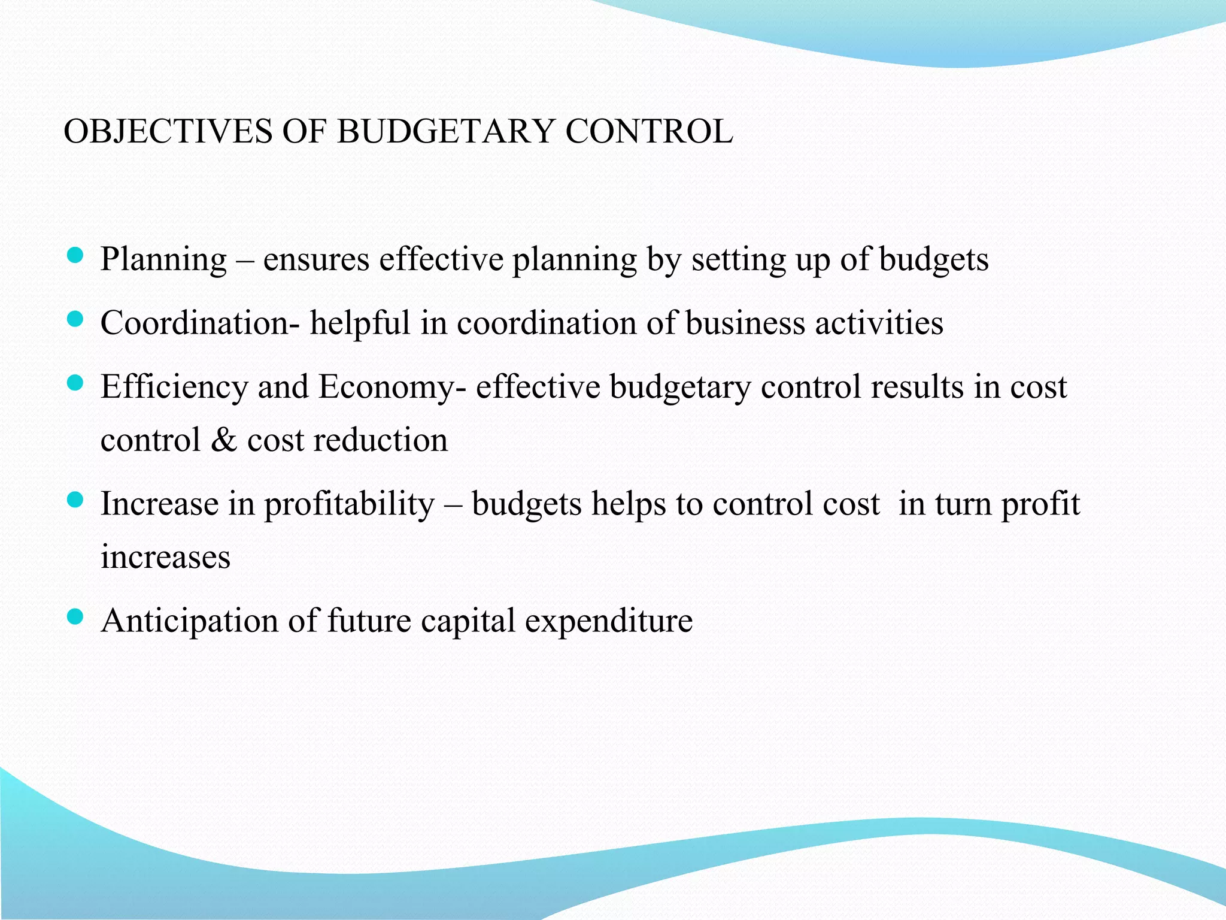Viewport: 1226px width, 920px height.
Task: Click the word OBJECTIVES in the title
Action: point(168,131)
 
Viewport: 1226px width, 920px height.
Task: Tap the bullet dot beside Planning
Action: point(75,256)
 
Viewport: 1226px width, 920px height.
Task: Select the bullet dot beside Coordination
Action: point(75,320)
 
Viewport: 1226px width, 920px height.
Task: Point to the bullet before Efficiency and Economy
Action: point(75,383)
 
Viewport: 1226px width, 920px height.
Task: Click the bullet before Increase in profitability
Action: point(75,500)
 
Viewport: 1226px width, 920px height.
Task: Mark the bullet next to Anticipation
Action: point(75,617)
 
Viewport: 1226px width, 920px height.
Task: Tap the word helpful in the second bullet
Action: point(360,323)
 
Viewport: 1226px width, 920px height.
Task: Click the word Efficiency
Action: point(174,388)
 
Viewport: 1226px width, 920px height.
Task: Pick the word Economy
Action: point(387,388)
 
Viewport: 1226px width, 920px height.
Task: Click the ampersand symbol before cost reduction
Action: point(224,440)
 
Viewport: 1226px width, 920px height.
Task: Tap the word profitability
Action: point(350,504)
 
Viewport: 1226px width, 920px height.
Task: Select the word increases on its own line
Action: point(165,558)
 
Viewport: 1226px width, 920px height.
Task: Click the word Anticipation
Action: point(190,621)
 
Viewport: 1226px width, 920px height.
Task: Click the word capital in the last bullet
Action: point(468,621)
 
